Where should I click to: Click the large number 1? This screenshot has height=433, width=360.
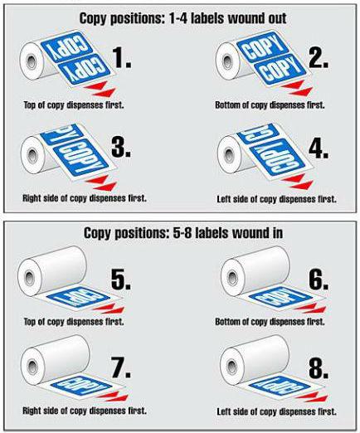coord(123,57)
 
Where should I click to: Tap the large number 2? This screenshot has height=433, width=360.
coord(319,57)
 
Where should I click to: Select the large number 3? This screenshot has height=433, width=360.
coord(121,147)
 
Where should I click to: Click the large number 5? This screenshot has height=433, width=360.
coord(121,279)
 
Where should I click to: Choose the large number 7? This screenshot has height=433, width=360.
coord(121,367)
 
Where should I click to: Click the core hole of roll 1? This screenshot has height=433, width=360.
coord(32,61)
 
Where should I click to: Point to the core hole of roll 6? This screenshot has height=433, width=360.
coord(231,277)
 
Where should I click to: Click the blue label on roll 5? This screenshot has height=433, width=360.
coord(78,298)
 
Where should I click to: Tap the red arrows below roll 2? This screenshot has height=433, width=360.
coord(297,88)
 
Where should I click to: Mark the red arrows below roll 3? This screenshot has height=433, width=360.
coord(101,182)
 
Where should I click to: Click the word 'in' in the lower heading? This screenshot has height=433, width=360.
coord(275,233)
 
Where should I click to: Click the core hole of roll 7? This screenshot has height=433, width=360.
coord(32,367)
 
